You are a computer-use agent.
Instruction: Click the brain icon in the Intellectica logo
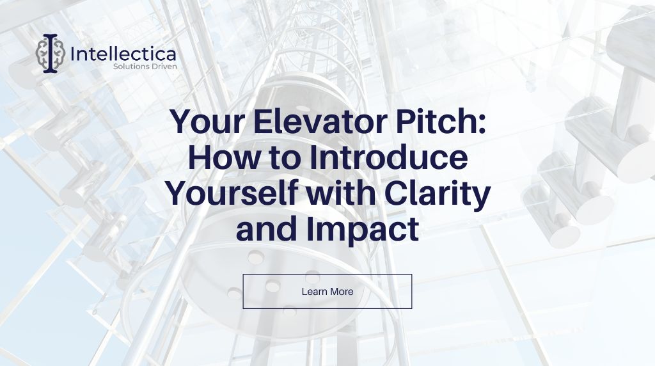coord(50,53)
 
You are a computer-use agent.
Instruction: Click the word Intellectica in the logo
coord(123,54)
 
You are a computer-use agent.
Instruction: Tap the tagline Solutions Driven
coord(145,67)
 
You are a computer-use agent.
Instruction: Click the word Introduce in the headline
coord(388,157)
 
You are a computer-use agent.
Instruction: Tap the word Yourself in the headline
coord(232,195)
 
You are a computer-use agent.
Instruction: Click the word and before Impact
coord(267,229)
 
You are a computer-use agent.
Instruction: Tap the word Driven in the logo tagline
coord(163,67)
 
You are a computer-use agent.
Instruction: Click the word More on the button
coord(341,292)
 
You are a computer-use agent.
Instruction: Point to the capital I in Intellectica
coord(73,54)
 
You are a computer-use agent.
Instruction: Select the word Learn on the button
coord(313,292)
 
